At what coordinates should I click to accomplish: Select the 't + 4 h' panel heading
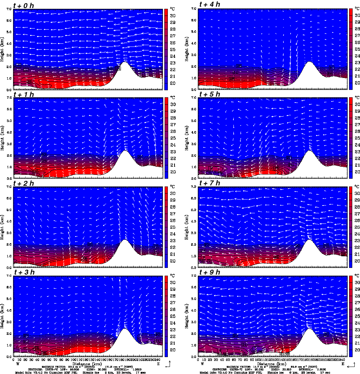click(x=209, y=4)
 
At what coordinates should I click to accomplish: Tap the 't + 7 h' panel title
click(x=209, y=183)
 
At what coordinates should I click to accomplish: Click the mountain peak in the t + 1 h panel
click(x=124, y=151)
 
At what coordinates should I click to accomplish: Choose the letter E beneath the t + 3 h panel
click(x=158, y=363)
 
